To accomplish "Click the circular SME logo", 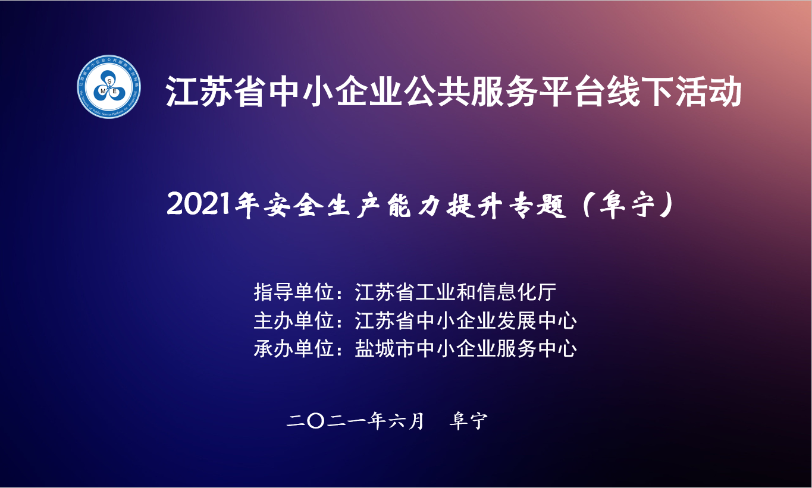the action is coord(109,87).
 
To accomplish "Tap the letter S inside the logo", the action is coord(109,82).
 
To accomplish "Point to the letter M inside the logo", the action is coord(103,92).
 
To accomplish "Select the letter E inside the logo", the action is coord(115,92).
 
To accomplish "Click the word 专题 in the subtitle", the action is coord(537,206).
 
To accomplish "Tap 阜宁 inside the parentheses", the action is coord(628,206).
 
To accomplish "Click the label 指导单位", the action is coord(294,292).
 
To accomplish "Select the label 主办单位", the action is coord(294,320).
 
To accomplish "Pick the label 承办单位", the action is coord(294,349).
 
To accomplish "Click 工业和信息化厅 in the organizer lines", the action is coord(486,292).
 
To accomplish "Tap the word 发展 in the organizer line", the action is coord(516,320).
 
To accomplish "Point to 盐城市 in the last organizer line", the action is coord(385,349).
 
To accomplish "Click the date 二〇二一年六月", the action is coord(355,421).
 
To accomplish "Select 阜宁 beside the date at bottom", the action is coord(468,421).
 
